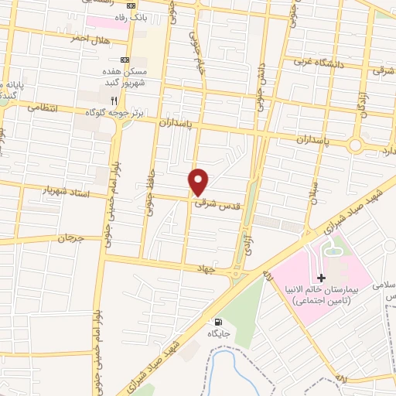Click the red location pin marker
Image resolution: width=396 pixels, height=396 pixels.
click(200, 182)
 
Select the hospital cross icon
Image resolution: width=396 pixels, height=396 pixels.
click(322, 277)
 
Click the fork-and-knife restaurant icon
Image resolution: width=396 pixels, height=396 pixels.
click(114, 100)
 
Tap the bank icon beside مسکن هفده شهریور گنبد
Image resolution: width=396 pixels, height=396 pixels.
click(125, 60)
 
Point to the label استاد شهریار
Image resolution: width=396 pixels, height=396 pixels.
click(71, 190)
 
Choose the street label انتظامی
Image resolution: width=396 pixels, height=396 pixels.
click(43, 108)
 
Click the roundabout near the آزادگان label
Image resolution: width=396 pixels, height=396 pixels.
click(357, 145)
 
